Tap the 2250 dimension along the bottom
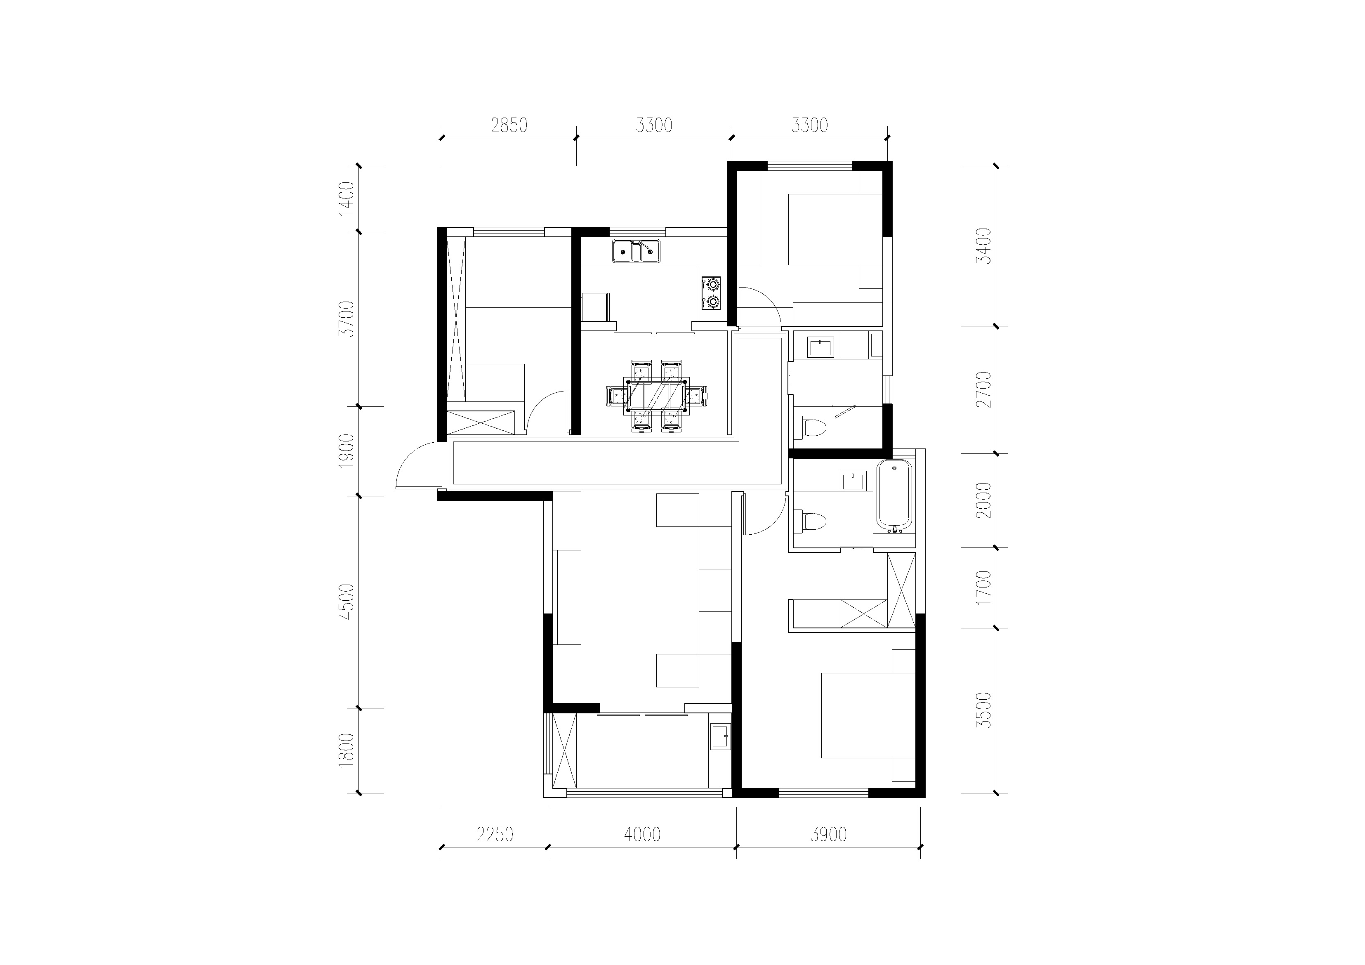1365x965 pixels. click(x=495, y=835)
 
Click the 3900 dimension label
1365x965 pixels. click(x=828, y=835)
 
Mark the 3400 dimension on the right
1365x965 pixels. click(x=985, y=246)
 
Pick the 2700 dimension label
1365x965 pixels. click(x=985, y=389)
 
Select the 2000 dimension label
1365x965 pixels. click(x=985, y=500)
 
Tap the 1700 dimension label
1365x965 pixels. click(x=985, y=587)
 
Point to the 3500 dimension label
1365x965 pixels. click(x=985, y=710)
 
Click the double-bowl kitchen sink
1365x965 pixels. click(x=636, y=252)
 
